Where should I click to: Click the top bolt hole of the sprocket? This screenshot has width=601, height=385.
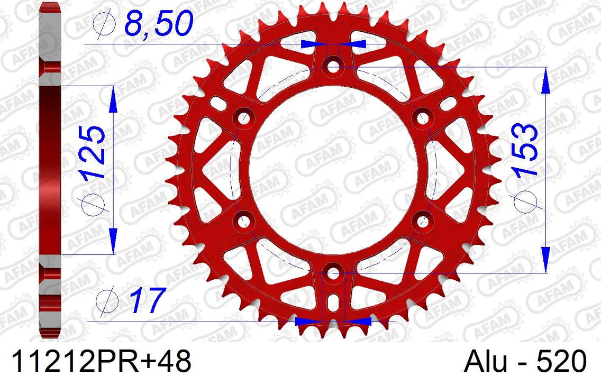tap(333, 66)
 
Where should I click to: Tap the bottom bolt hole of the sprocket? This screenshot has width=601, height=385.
tap(333, 273)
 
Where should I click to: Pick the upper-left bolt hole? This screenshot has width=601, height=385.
tap(243, 118)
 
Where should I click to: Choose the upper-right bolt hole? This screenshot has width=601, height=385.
tap(422, 118)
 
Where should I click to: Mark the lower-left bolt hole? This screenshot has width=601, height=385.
tap(243, 221)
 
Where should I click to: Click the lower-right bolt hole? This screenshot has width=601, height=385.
tap(422, 221)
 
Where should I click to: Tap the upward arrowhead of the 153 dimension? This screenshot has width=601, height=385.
tap(546, 80)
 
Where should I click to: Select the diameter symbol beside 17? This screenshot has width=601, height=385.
tap(106, 300)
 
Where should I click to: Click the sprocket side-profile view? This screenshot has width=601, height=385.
tap(50, 169)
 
